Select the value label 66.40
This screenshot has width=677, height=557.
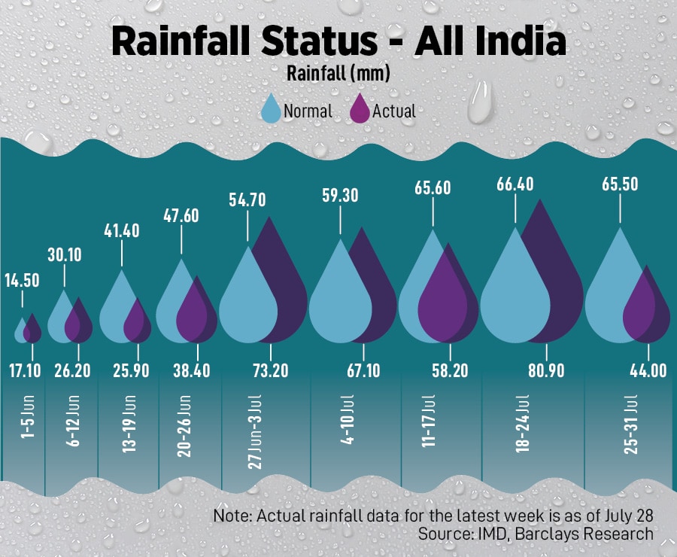click(515, 184)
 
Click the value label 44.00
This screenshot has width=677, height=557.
click(647, 371)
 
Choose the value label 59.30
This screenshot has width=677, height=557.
click(341, 196)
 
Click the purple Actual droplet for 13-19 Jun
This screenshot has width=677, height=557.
click(137, 323)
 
